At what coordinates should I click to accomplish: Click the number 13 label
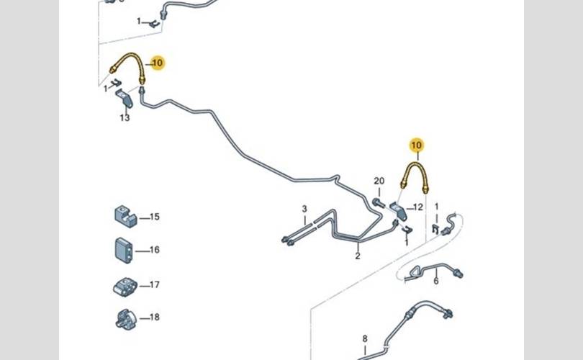tap(125, 118)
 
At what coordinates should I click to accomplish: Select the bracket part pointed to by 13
tap(125, 98)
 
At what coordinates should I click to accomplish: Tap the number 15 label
tap(155, 217)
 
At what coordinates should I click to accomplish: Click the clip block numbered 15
tap(125, 216)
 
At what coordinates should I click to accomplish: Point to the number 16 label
tap(155, 250)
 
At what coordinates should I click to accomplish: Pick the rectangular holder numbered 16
tap(124, 251)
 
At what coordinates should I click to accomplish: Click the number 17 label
tap(155, 284)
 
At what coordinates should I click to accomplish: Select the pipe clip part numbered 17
tap(125, 287)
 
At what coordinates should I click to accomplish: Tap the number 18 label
tap(155, 317)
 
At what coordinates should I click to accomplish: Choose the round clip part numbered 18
tap(126, 319)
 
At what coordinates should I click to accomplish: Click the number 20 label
tap(379, 181)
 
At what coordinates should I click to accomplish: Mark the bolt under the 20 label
tap(378, 203)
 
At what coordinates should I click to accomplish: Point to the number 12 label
tap(418, 207)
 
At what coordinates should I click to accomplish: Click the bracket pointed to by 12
tap(398, 211)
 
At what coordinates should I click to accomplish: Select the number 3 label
tap(304, 209)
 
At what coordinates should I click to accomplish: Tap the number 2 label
tap(358, 256)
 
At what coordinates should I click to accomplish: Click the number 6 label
tap(436, 281)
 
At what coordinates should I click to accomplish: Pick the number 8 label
tap(365, 339)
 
